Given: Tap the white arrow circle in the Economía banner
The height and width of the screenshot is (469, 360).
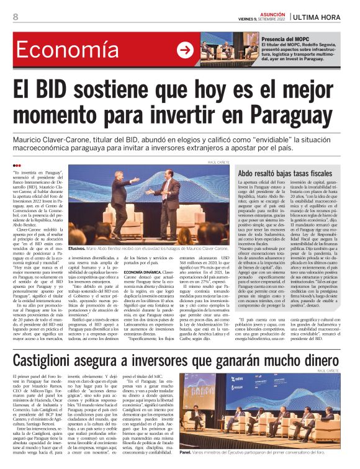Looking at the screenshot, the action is (x=184, y=50).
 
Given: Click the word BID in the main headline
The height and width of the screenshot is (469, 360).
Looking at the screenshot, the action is (x=59, y=85).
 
